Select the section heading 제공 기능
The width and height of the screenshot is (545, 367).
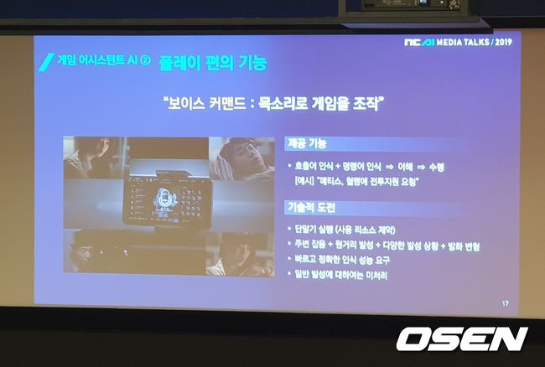tap(301, 143)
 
